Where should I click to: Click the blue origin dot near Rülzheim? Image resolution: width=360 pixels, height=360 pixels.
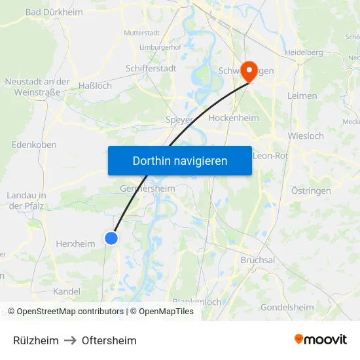click(111, 238)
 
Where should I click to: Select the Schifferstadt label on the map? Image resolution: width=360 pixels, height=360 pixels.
click(151, 67)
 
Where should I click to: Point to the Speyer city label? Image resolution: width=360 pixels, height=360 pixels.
click(179, 120)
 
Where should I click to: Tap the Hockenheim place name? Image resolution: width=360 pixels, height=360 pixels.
click(234, 118)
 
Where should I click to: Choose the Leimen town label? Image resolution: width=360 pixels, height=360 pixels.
click(302, 96)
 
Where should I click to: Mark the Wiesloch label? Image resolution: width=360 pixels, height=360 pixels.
click(306, 136)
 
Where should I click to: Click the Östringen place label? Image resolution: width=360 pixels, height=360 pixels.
click(310, 190)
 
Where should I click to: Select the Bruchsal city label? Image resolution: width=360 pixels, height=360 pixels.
click(258, 260)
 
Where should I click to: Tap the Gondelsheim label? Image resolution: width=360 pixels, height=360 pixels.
click(287, 307)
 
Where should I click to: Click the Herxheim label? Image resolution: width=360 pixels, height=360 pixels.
click(76, 243)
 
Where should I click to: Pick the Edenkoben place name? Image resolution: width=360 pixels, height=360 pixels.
click(35, 145)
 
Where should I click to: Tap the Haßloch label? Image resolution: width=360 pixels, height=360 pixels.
click(95, 86)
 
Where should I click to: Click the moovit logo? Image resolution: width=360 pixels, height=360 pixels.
click(320, 340)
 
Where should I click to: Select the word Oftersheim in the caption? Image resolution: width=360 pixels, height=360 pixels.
click(109, 340)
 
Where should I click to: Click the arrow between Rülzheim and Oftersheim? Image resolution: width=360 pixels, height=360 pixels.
click(70, 340)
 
